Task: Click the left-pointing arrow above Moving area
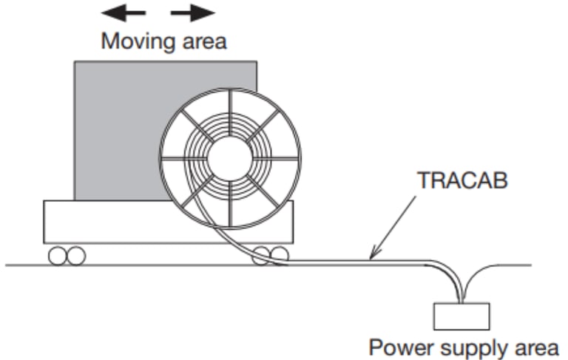(x=124, y=13)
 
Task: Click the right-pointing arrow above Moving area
(x=193, y=13)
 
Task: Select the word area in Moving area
(x=204, y=42)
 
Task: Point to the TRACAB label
(x=462, y=180)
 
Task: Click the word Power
(x=401, y=347)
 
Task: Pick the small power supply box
(x=461, y=316)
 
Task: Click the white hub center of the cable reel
(x=230, y=158)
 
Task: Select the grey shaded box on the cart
(x=120, y=130)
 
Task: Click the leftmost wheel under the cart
(x=58, y=256)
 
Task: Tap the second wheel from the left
(x=76, y=256)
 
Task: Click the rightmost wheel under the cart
(x=280, y=255)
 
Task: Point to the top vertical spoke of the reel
(x=230, y=113)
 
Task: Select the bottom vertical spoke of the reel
(x=230, y=203)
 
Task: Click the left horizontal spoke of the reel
(x=184, y=158)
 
